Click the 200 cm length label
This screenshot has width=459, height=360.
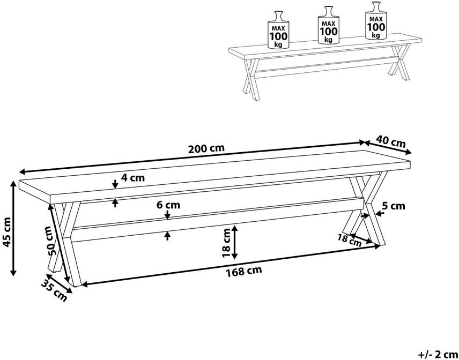206,148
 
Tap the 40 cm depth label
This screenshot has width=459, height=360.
391,141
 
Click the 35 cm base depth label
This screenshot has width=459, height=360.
53,290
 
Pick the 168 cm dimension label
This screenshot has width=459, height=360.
243,271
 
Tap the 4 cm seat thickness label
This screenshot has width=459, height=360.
133,177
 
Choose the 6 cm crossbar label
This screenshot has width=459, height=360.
168,205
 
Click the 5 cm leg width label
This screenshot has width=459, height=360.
394,206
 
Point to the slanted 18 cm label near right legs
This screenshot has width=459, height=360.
350,239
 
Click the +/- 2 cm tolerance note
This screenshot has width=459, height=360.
438,355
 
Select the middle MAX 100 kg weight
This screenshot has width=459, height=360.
328,25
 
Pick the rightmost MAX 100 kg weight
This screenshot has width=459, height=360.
376,20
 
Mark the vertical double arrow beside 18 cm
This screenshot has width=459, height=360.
235,242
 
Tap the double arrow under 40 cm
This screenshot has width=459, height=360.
388,147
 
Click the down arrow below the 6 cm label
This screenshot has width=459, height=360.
167,215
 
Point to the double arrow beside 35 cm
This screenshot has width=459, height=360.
60,283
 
